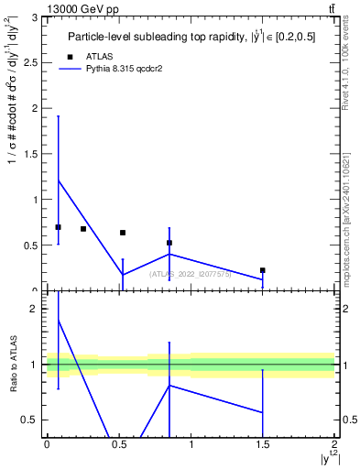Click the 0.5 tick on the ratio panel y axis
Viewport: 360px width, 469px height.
point(32,420)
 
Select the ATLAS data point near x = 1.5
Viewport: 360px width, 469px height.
point(263,270)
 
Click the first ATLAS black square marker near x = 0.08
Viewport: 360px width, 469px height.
point(59,227)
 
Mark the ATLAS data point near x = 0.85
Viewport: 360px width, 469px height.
point(169,243)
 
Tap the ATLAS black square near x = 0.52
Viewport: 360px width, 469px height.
point(123,233)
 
